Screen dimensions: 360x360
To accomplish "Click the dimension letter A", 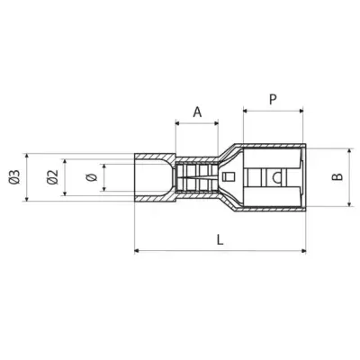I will click(197, 111).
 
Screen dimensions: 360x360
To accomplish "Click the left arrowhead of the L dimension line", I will click(137, 249).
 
